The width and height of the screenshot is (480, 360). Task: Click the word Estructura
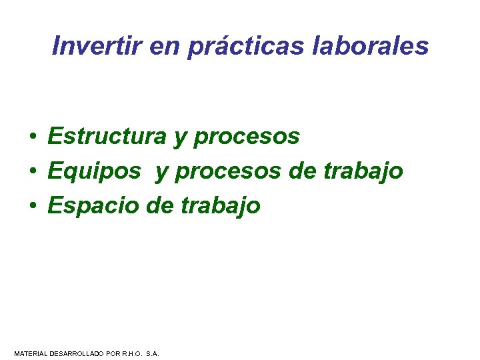(107, 137)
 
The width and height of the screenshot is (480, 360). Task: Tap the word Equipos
(94, 172)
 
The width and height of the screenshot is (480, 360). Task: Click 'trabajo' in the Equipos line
(363, 172)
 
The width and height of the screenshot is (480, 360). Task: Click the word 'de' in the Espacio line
(159, 206)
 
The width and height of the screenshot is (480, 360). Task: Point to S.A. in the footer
(152, 353)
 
